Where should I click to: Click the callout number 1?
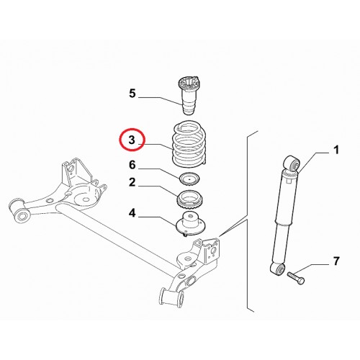336,150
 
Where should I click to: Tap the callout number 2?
132,182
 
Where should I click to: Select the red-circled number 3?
132,140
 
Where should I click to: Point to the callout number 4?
132,213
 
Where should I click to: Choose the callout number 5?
132,94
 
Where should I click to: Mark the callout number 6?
132,165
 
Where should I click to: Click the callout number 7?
336,261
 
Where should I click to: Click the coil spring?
189,145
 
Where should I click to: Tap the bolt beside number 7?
296,278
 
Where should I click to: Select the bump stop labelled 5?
189,95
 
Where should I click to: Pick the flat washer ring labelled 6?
190,179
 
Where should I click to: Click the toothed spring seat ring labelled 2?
190,199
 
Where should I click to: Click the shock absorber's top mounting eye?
292,164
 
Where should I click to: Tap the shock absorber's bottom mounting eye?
278,269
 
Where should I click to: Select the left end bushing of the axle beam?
19,210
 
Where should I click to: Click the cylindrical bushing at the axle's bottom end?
171,296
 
